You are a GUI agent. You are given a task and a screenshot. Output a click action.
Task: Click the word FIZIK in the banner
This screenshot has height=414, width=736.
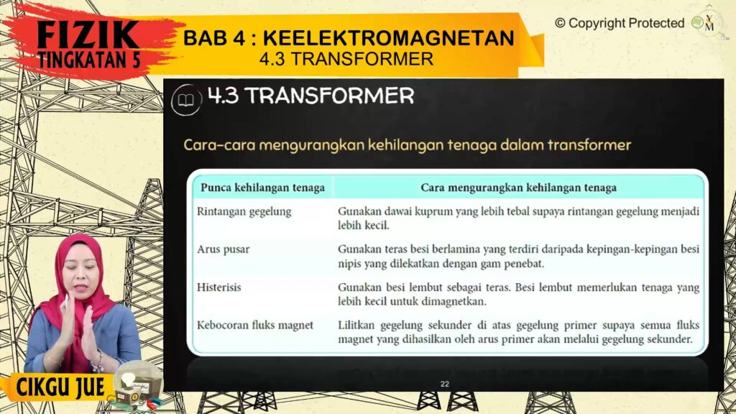coord(88,34)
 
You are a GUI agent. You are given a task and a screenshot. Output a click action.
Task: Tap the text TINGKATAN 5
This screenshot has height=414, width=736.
coord(89,60)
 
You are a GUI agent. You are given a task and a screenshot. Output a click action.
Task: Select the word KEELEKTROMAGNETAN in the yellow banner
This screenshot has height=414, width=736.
coord(389,38)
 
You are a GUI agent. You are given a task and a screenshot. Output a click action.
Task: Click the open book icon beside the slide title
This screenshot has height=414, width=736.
coord(186,99)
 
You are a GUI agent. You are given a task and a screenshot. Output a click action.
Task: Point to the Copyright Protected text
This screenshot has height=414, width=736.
coord(620,23)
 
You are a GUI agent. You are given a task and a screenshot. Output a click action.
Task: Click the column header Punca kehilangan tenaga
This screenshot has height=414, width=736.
coord(262,188)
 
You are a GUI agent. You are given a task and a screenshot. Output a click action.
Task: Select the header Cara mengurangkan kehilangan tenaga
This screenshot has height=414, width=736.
coord(518,188)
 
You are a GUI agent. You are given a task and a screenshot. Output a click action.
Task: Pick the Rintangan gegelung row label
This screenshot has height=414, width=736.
coord(244,212)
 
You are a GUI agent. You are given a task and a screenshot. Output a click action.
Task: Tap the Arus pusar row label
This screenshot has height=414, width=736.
coord(223,249)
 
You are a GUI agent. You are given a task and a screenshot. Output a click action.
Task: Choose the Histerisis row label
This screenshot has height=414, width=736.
coord(218,287)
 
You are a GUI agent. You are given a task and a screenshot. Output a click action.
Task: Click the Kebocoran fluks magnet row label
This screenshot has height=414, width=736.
coord(255,326)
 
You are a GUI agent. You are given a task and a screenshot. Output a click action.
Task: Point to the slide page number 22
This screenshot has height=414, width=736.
coord(445,384)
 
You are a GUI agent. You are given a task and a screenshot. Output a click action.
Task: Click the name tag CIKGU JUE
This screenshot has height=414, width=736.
coord(60,387)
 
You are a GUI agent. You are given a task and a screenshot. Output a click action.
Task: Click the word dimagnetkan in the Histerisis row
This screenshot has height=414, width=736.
coord(453,301)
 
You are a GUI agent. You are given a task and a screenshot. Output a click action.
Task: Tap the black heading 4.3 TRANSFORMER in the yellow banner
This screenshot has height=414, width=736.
coord(346,59)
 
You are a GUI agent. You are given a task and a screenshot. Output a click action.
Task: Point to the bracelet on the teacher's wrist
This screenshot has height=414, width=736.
coord(98,362)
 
